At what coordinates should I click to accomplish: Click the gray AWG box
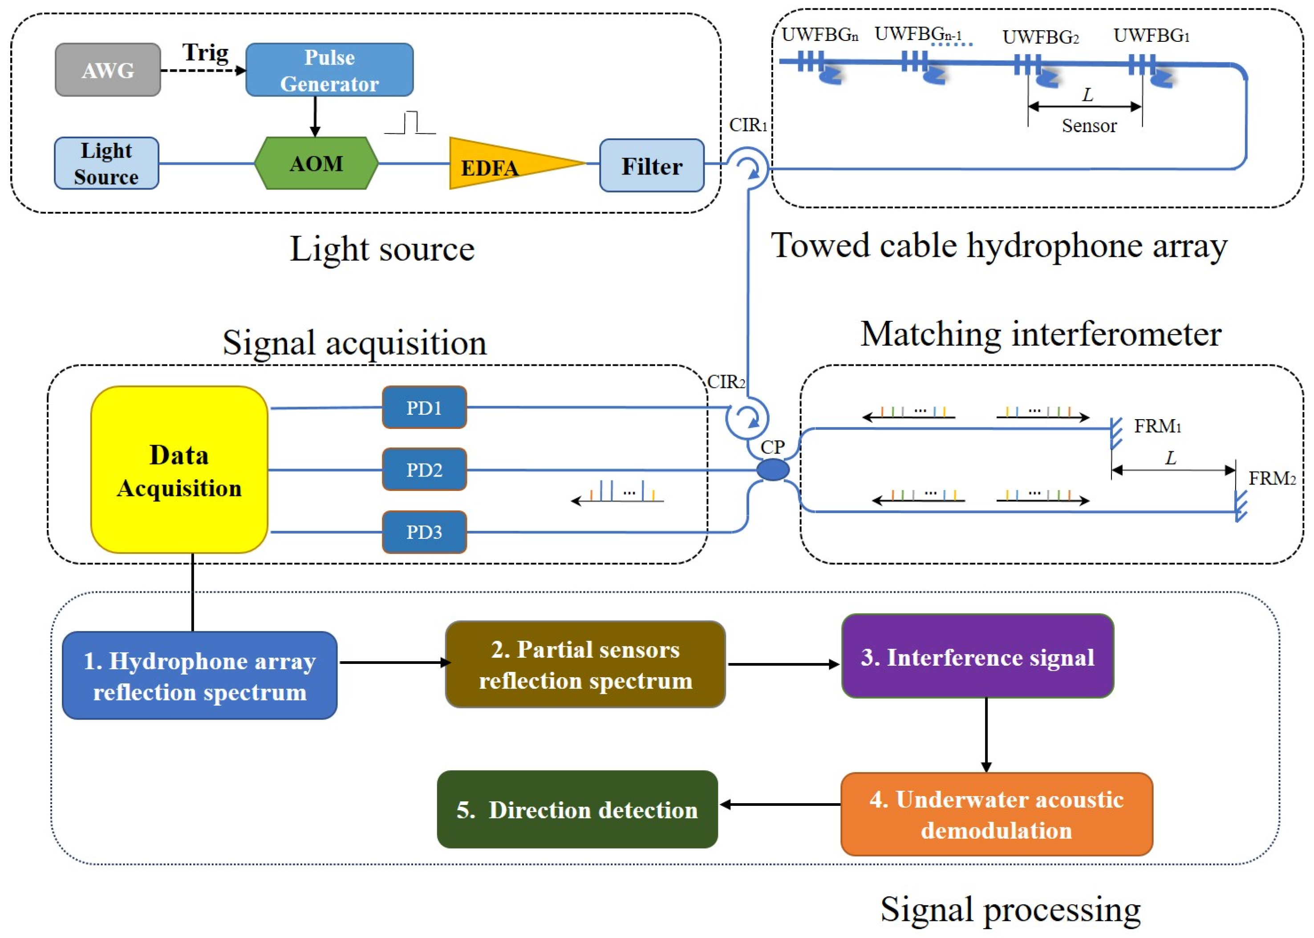coord(107,70)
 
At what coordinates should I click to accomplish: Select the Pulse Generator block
coord(329,70)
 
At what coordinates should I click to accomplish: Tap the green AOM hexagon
coord(316,163)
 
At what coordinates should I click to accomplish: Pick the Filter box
coord(651,166)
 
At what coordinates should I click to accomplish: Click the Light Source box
coord(106,163)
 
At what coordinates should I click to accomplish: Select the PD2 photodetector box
coord(424,469)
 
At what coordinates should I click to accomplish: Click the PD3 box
coord(424,531)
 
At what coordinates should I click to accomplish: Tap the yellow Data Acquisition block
coord(179,469)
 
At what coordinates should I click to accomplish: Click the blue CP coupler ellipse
coord(773,469)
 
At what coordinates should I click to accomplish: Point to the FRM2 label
coord(1272,478)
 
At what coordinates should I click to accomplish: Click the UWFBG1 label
coord(1151,36)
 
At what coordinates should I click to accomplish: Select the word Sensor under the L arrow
coord(1089,126)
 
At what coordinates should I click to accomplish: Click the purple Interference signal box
coord(977,657)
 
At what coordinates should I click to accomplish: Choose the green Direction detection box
coord(577,809)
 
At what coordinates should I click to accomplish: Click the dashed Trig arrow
coord(202,70)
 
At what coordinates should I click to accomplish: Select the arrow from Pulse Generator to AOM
coord(315,116)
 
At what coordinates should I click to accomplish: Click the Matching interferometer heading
coord(1040,334)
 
